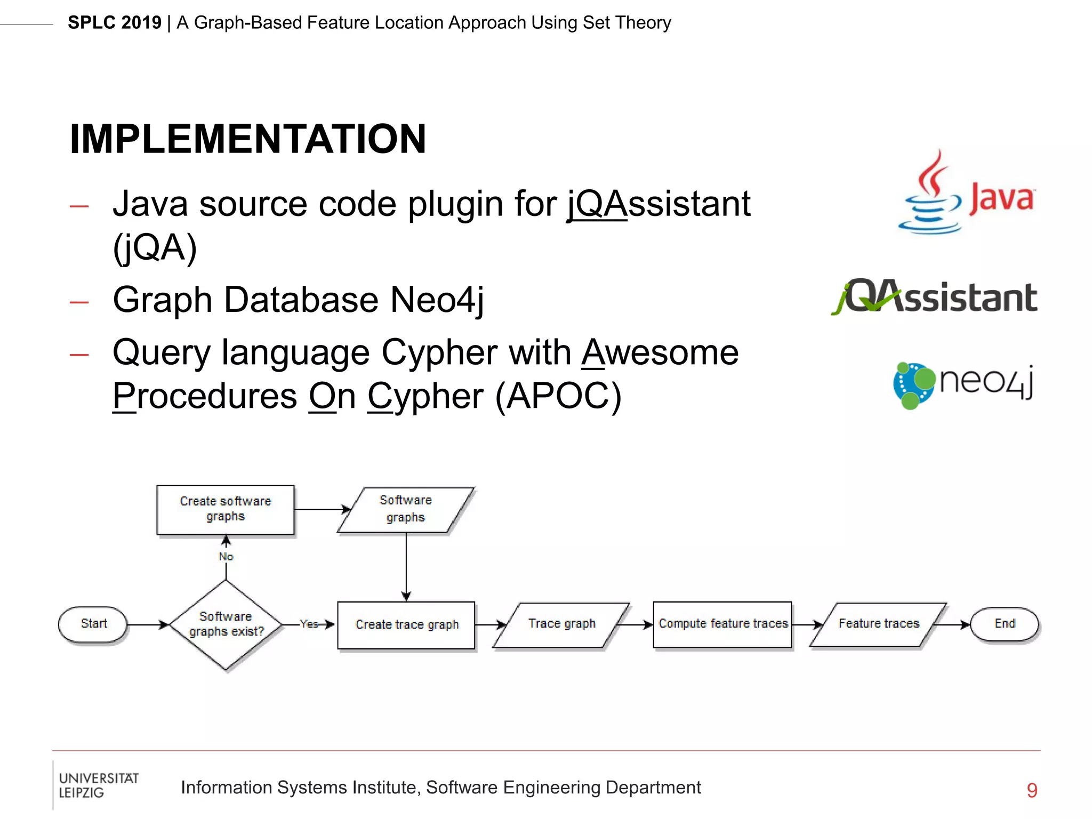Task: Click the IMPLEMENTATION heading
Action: coord(248,139)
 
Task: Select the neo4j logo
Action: coord(963,384)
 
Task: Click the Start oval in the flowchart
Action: coord(93,623)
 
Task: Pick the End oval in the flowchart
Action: coord(1005,623)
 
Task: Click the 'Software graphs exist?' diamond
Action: coord(226,624)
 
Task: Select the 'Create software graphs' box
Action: coord(226,509)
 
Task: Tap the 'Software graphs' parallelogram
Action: coord(405,509)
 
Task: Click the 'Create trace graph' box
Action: coord(406,624)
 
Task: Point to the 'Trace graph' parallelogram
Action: coord(561,624)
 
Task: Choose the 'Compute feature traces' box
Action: coord(722,624)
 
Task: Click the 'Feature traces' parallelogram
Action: coord(878,624)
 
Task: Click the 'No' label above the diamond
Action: coord(226,557)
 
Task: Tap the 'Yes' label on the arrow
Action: coord(308,624)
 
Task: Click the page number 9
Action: coord(1032,790)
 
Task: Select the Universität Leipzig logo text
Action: coord(98,785)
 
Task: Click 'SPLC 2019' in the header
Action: coord(115,23)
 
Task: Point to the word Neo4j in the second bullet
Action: coord(437,300)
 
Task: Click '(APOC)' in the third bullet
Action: coord(558,396)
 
